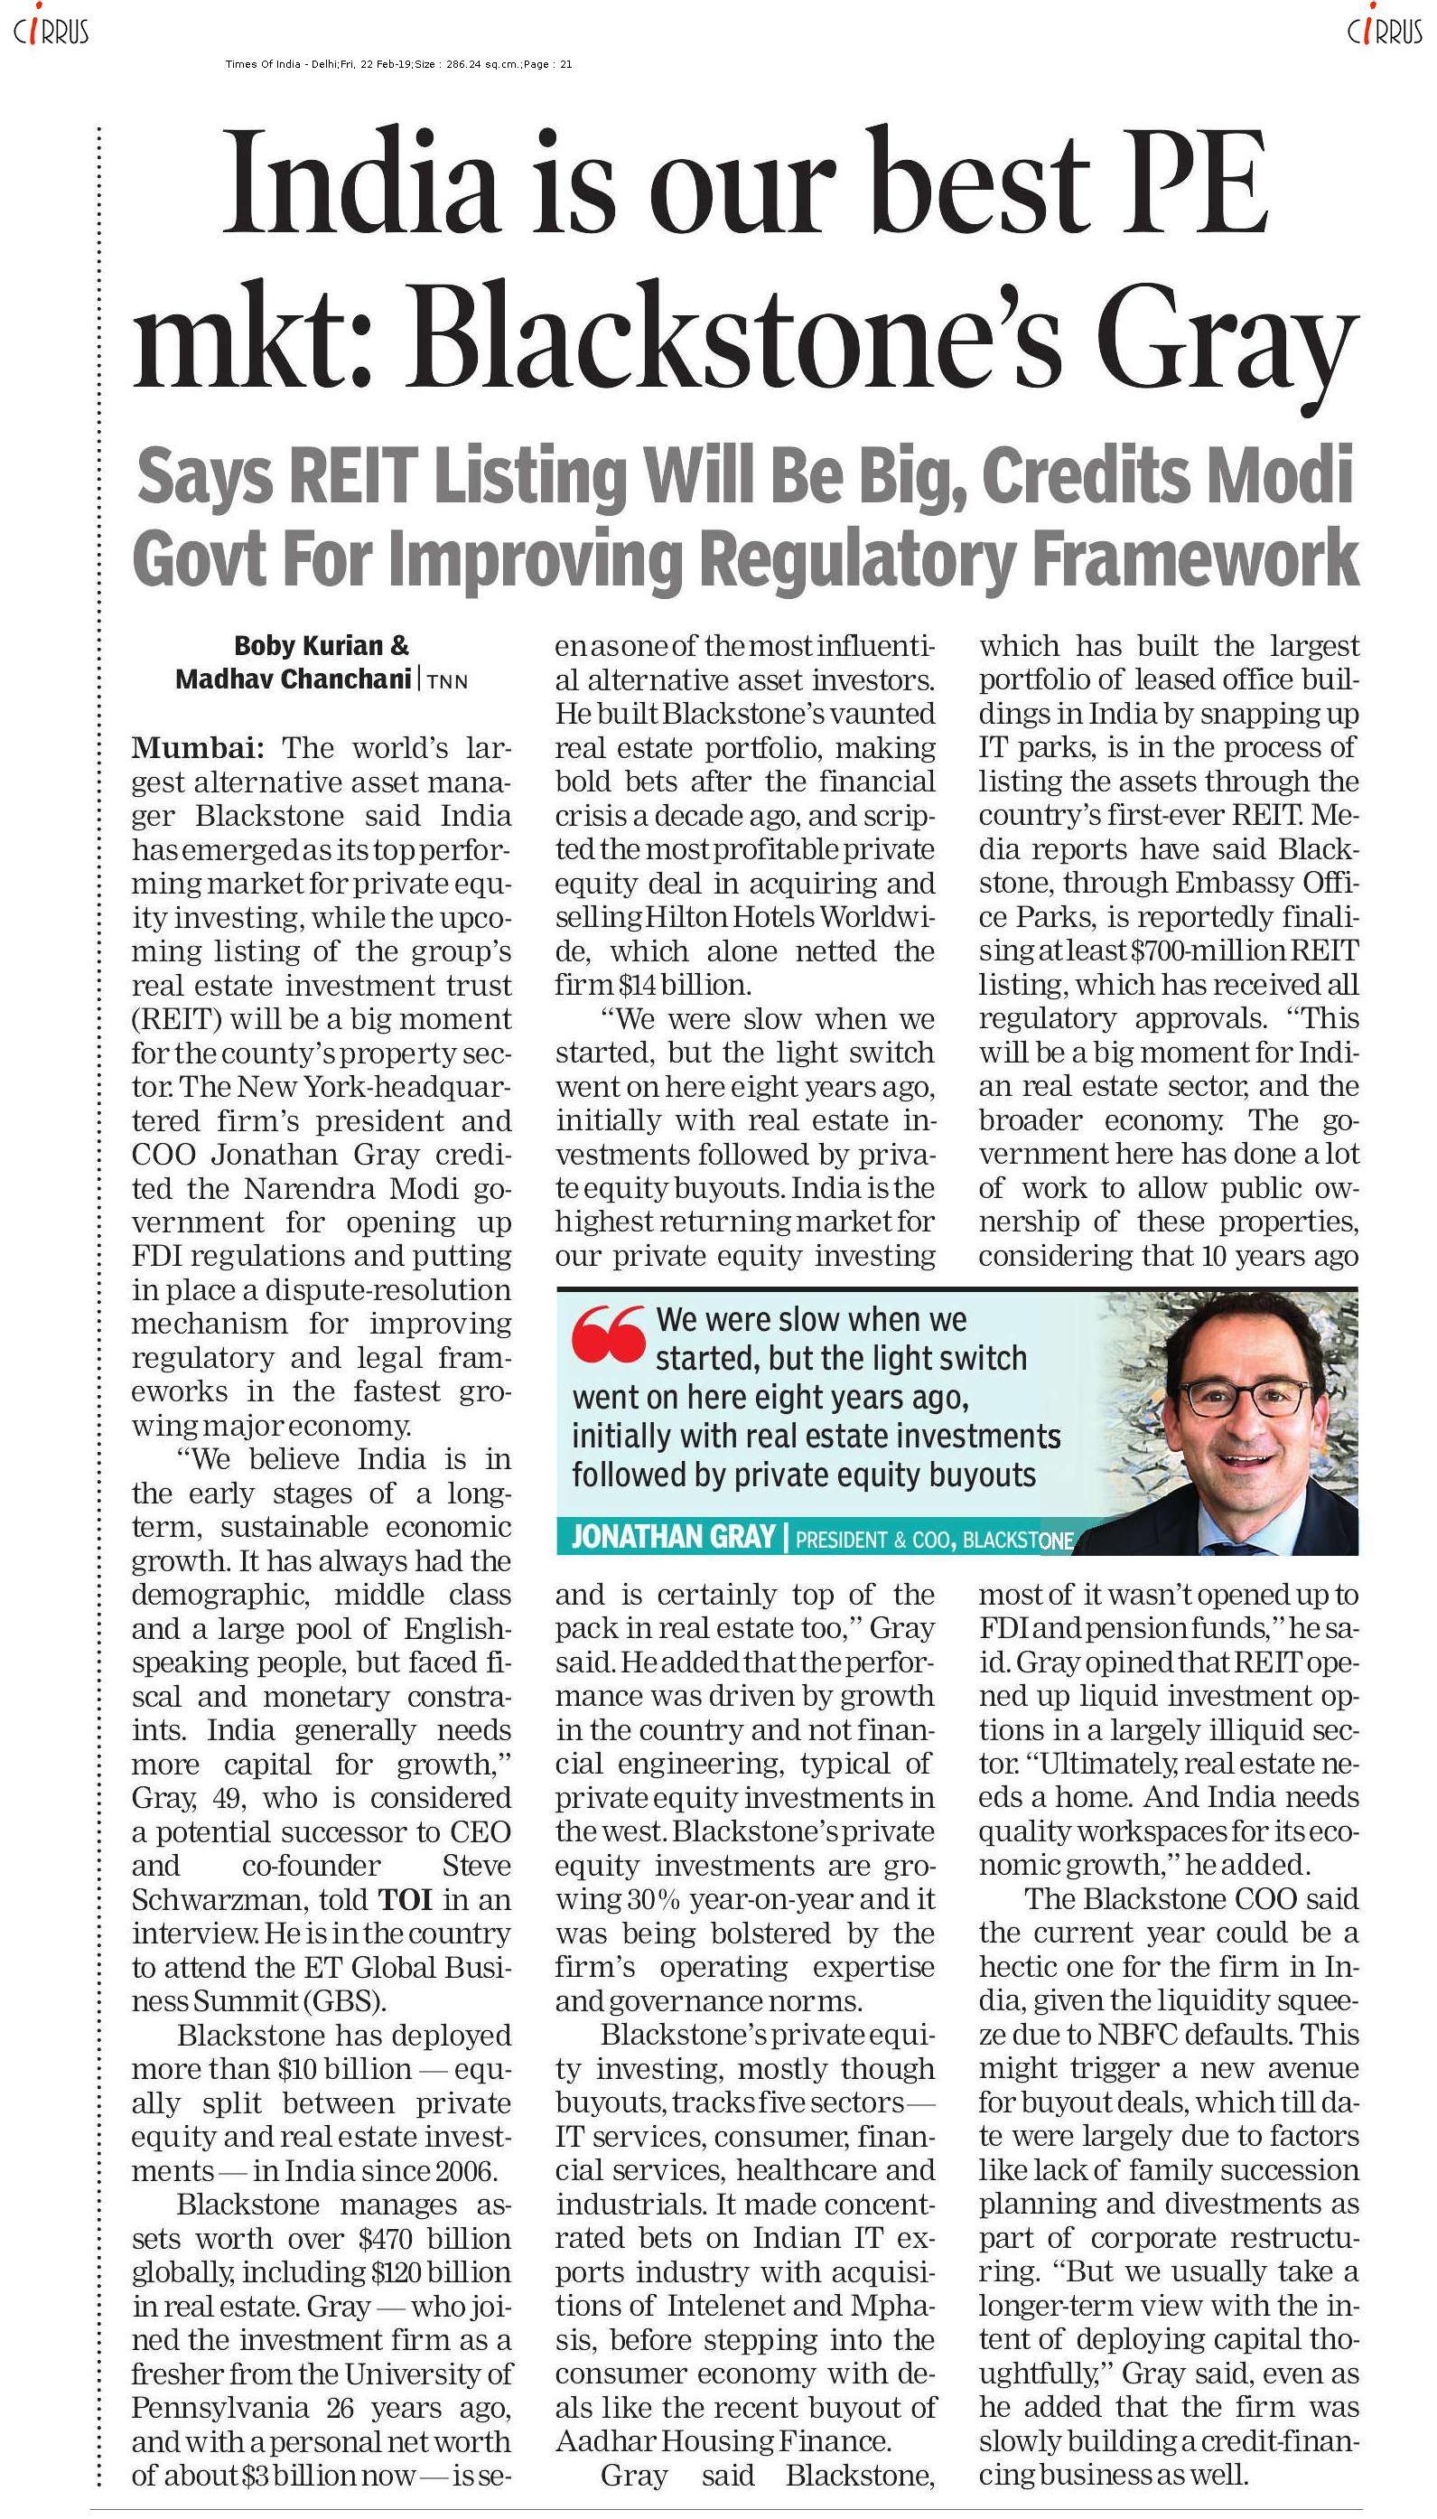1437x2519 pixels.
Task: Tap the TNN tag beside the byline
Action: (447, 681)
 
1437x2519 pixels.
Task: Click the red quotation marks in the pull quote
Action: (608, 1335)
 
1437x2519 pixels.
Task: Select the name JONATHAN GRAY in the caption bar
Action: (673, 1537)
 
